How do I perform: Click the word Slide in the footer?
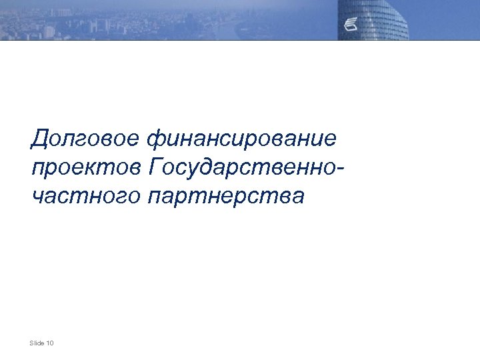[x=37, y=343]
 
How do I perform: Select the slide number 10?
[x=51, y=343]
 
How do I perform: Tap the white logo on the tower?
[x=351, y=25]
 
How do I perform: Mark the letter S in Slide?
[x=32, y=343]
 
